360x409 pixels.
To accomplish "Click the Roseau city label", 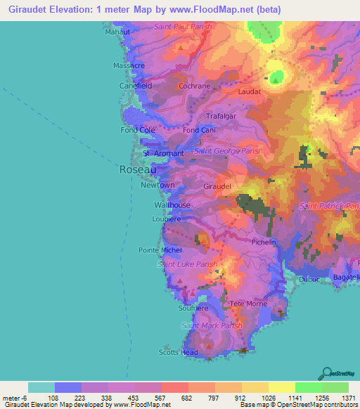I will [x=133, y=169].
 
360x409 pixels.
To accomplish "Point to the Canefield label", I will [x=136, y=85].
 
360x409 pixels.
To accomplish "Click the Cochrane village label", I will [x=195, y=86].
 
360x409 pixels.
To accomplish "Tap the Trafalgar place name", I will [x=224, y=116].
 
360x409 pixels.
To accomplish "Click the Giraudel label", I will [x=217, y=187].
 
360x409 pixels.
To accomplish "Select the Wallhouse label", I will [x=172, y=205].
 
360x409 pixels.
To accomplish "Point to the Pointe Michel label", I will [x=160, y=250].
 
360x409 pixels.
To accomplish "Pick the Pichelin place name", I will [x=264, y=242].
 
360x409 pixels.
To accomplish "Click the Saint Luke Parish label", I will [x=188, y=264].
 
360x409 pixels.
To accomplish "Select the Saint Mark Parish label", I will [x=212, y=325].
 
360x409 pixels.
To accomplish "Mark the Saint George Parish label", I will [x=229, y=150].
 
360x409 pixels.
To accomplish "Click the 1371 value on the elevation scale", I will [x=348, y=398].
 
